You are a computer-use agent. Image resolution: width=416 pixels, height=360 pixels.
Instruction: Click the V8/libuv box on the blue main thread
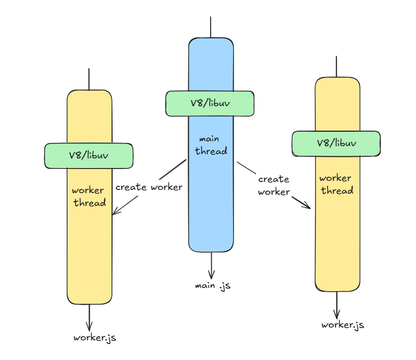[x=210, y=103]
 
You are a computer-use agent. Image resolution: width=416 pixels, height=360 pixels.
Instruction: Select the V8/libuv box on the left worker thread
[x=89, y=156]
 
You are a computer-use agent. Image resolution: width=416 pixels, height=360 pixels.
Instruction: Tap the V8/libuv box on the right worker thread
[x=336, y=143]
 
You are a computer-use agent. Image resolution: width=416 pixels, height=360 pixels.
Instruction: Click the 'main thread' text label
[x=211, y=146]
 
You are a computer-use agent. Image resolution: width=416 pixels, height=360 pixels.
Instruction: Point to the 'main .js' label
[x=213, y=286]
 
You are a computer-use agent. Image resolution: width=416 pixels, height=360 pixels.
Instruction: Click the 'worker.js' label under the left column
[x=95, y=338]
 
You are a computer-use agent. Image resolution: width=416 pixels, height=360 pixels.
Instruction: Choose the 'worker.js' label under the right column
[x=342, y=325]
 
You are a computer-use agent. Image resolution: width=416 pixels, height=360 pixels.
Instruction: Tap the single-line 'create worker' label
[x=149, y=187]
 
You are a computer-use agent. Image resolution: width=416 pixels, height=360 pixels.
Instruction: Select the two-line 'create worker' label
[x=274, y=186]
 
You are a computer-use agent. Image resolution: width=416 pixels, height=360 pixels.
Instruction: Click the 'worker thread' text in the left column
[x=89, y=197]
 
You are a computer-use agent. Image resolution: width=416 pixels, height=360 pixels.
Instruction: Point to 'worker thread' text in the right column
[x=337, y=185]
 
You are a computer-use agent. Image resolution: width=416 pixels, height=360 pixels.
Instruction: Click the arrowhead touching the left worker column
[x=115, y=211]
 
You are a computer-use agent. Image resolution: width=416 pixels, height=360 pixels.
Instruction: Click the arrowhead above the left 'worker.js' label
[x=89, y=326]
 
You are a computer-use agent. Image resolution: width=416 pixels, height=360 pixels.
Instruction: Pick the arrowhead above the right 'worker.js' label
[x=337, y=314]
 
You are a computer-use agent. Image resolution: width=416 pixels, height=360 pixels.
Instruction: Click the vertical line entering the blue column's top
[x=211, y=27]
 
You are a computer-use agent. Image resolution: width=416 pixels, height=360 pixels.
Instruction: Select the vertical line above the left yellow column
[x=89, y=79]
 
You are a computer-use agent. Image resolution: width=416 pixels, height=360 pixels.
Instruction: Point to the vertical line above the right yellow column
[x=337, y=67]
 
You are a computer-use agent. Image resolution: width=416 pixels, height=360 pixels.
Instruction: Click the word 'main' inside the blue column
[x=209, y=139]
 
